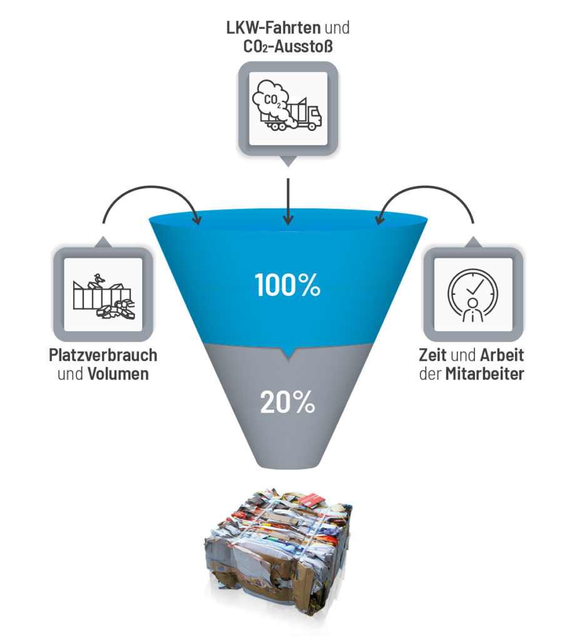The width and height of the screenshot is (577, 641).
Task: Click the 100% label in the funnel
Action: pos(288,285)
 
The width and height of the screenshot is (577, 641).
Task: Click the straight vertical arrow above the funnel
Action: pos(288,200)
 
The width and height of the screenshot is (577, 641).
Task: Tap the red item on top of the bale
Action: pos(312,500)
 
